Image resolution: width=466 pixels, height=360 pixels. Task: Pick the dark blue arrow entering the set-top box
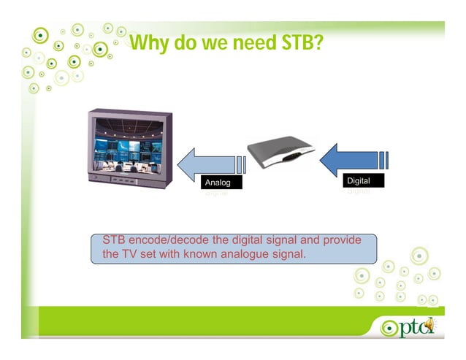point(351,158)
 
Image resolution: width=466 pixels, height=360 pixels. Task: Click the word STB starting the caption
point(114,240)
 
